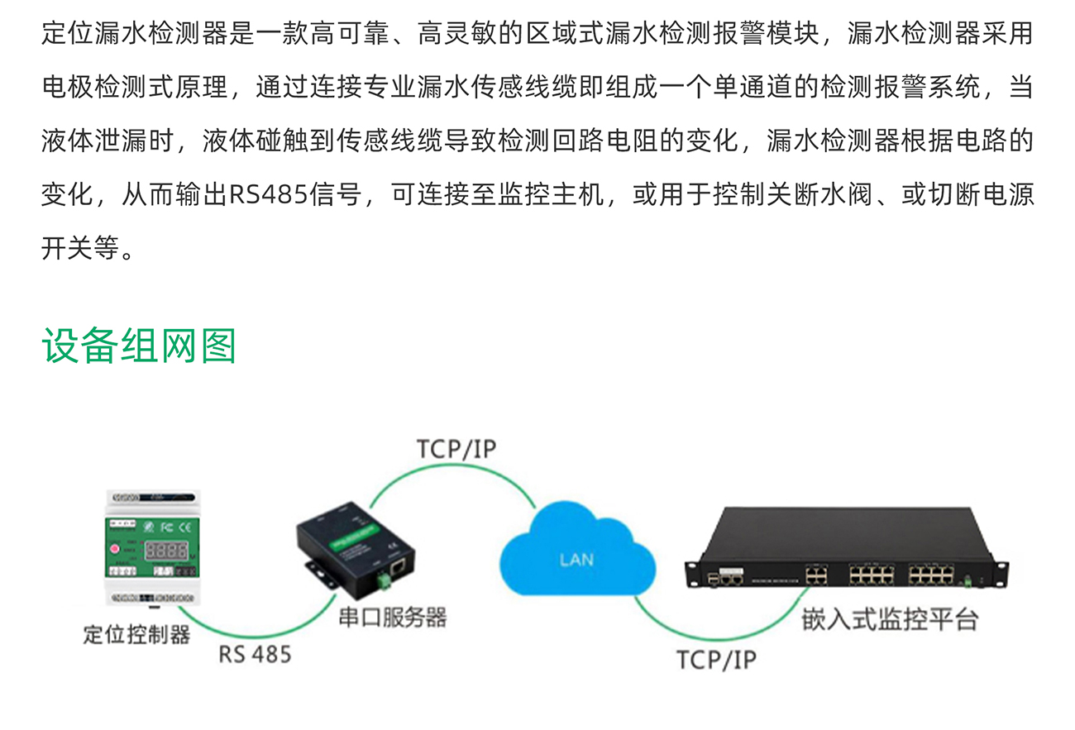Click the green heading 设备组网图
point(139,346)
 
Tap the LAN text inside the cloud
point(576,560)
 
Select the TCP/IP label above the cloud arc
point(456,449)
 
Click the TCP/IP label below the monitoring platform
point(716,660)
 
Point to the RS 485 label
point(255,654)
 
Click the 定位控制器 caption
point(136,634)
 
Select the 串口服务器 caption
point(393,618)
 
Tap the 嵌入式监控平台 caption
point(891,619)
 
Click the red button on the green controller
point(115,549)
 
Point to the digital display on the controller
point(166,551)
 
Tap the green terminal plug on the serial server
point(384,580)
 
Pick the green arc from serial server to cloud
point(453,465)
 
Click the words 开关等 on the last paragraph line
point(80,248)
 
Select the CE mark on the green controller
point(184,527)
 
